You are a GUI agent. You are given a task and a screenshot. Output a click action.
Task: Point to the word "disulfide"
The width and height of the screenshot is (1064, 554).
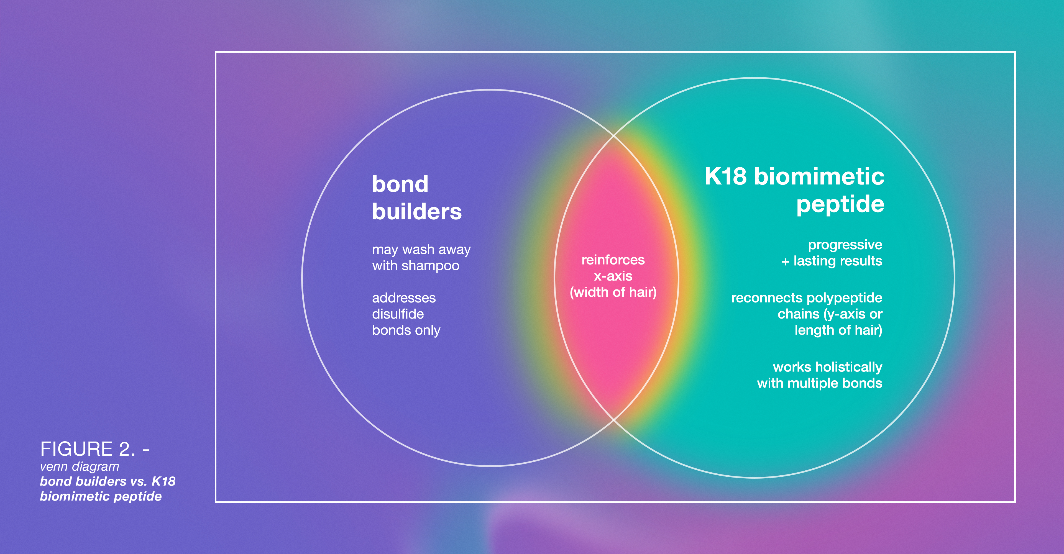398,314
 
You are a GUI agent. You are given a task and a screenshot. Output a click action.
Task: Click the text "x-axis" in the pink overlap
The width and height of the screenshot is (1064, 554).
613,276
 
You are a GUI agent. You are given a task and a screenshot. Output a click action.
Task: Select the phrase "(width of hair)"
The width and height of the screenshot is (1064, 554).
613,292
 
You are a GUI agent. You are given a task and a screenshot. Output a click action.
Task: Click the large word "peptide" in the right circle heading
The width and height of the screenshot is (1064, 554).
840,204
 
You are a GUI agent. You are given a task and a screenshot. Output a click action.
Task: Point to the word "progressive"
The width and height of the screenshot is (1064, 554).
845,245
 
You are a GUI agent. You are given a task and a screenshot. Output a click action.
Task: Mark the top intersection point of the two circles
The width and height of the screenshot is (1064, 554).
613,135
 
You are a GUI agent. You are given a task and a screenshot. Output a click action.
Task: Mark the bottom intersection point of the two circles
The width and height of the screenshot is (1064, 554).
613,420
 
